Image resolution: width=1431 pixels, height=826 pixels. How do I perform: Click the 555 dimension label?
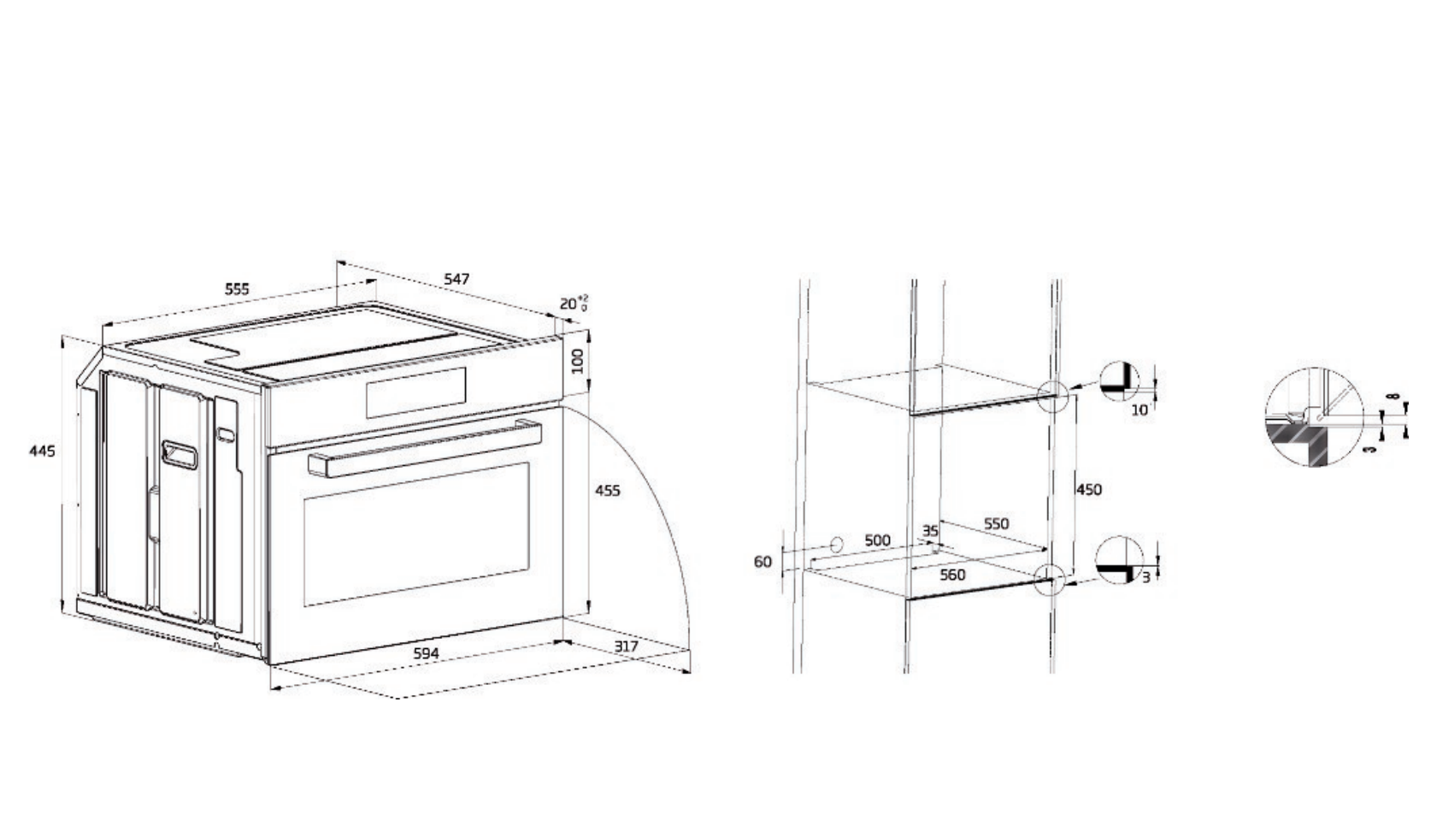tap(237, 289)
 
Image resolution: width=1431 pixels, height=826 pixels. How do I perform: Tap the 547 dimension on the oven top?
tap(456, 279)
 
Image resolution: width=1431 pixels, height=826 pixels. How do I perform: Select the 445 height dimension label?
tap(42, 451)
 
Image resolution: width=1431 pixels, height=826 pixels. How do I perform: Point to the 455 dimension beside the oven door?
tap(607, 491)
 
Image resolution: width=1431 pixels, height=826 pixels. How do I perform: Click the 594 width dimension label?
tap(426, 653)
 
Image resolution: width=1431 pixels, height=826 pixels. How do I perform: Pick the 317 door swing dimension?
tap(626, 646)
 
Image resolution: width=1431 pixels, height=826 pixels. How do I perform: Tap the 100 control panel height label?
tap(578, 361)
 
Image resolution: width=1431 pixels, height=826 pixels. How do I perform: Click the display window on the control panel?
tap(416, 392)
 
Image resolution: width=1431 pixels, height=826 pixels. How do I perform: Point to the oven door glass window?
tap(416, 534)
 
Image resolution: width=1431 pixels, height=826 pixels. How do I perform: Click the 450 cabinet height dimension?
tap(1088, 490)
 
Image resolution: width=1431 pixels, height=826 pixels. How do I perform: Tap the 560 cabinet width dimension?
tap(952, 575)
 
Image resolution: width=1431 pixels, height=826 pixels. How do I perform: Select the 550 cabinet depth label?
tap(996, 523)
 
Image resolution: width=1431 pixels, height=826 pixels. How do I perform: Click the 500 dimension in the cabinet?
tap(877, 540)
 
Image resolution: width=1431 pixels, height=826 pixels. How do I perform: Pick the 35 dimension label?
tap(930, 531)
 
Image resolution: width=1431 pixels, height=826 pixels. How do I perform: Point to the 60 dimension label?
tap(763, 562)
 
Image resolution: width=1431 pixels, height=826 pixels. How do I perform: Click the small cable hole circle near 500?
tap(837, 545)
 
